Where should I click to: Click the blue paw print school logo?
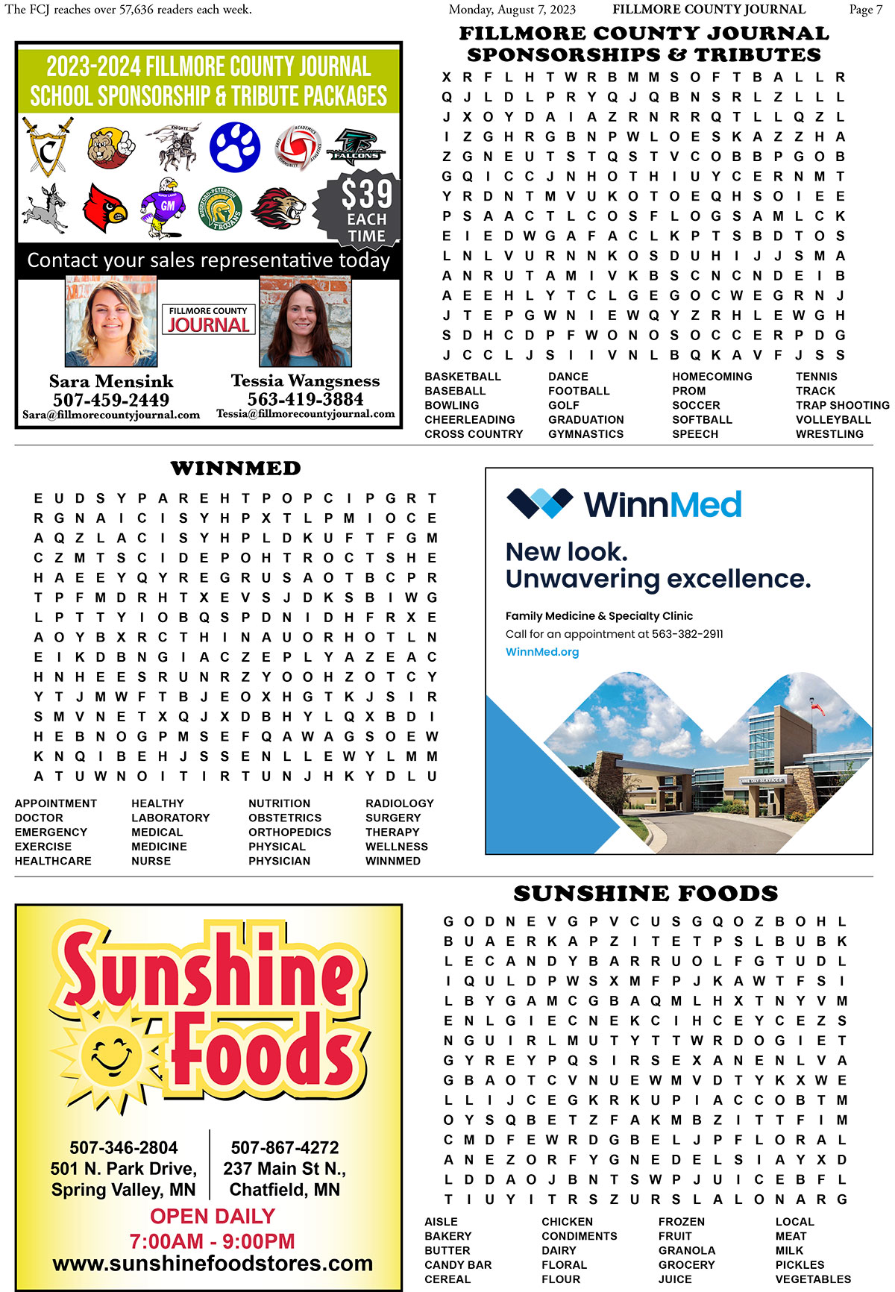235,146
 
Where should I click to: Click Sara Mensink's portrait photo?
111,322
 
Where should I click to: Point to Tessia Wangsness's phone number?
306,399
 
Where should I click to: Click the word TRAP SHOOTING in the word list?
842,405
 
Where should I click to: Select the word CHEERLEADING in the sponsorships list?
470,420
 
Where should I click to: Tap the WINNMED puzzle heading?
236,468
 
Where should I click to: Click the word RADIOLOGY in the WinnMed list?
399,803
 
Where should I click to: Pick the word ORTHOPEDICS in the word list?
289,832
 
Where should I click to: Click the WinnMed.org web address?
542,652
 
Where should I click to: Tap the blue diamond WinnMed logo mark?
539,504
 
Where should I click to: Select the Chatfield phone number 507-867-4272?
285,1147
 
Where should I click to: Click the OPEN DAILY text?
213,1216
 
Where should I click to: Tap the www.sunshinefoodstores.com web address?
213,1264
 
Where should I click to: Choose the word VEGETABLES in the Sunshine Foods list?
813,1279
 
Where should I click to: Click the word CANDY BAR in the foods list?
458,1265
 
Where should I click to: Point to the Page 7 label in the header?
865,10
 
